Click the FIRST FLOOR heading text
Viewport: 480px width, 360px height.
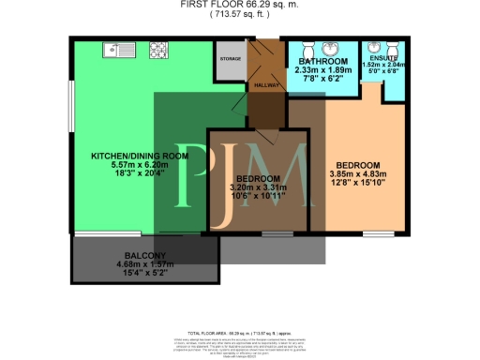pyautogui.click(x=217, y=4)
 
